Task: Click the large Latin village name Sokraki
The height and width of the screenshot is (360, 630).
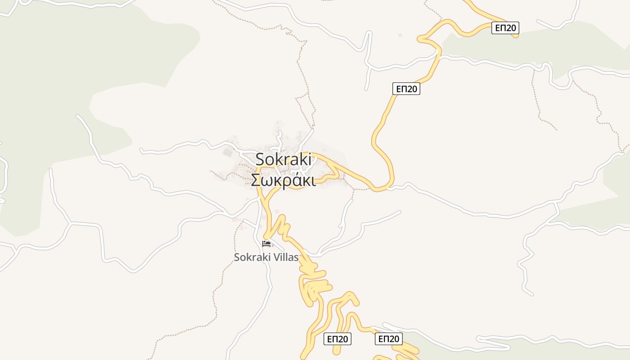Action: tap(283, 159)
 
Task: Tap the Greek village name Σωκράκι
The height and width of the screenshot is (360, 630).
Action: tap(283, 180)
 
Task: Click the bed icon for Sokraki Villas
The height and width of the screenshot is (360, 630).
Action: tap(266, 244)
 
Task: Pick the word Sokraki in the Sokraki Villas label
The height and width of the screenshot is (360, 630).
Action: tap(248, 257)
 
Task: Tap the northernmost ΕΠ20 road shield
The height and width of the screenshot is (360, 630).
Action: tap(505, 28)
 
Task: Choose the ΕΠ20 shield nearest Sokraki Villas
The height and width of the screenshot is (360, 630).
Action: tap(337, 339)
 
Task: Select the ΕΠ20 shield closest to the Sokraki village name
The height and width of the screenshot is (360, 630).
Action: tap(406, 89)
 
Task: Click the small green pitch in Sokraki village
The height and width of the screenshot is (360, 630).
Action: tap(228, 153)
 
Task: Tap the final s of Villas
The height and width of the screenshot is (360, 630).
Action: tap(296, 258)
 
